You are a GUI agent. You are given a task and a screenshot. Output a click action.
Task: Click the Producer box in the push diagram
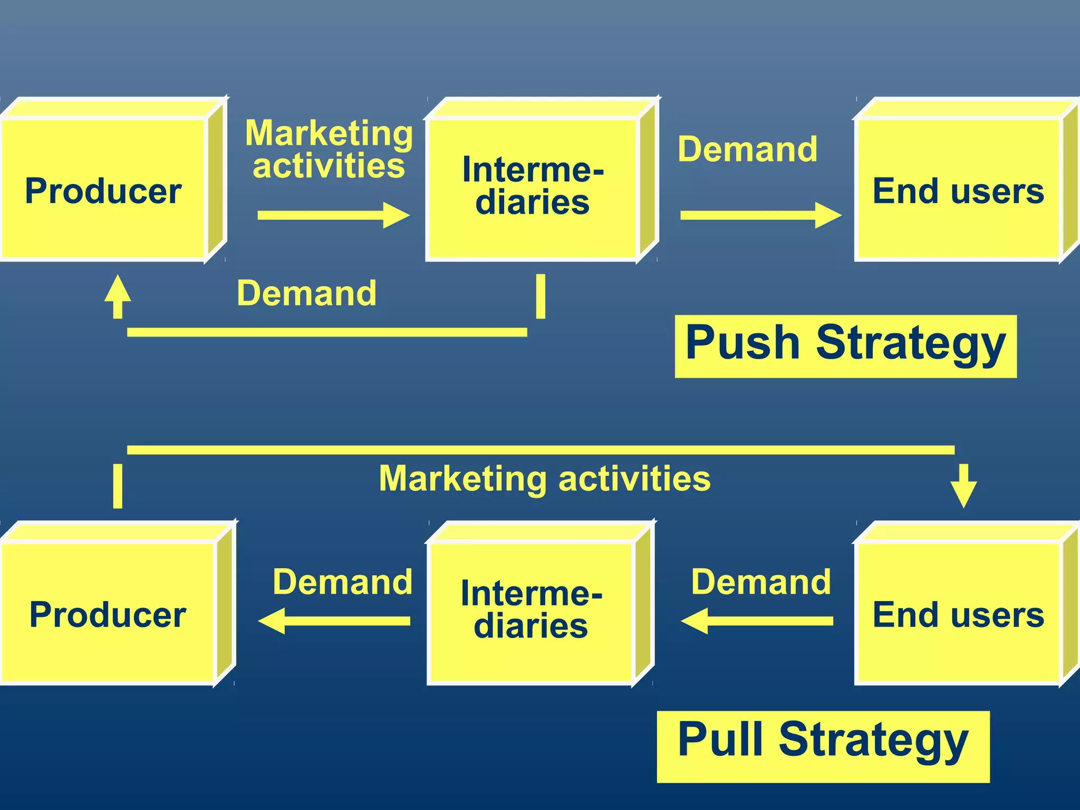pos(103,190)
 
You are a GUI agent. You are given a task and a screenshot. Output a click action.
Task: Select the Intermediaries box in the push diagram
pos(532,187)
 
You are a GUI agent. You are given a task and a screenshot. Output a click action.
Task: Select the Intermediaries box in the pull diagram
pos(531,612)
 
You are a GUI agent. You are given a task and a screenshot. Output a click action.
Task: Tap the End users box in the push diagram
pos(958,190)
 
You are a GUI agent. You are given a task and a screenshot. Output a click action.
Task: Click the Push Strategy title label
pos(845,345)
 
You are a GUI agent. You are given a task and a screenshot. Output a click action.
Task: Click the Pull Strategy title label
pos(823,746)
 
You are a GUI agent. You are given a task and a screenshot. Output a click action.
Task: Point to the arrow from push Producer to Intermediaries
pos(333,215)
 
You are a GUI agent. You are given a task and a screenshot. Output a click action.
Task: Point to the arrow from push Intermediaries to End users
pos(760,215)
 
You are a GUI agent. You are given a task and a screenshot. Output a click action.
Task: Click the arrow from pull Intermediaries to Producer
pos(333,621)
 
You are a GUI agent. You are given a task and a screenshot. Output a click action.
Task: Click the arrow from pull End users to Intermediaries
pos(757,621)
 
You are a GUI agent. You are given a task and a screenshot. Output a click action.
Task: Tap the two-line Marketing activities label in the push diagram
pos(329,149)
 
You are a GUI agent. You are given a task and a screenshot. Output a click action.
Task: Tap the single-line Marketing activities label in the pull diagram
pos(545,479)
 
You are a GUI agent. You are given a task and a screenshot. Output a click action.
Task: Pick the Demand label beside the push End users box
pos(747,149)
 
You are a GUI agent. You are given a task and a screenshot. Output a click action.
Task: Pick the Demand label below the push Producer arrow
pos(306,293)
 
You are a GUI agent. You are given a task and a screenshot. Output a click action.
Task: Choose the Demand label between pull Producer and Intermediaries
pos(342,582)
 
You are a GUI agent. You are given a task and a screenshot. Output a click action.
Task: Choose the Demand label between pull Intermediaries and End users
pos(761,582)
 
